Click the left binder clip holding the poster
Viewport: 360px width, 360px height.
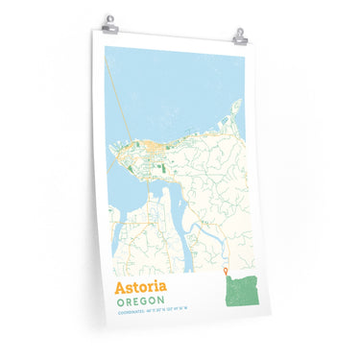110,21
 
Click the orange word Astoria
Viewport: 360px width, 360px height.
140,286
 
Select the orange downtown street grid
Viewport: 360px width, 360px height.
153,148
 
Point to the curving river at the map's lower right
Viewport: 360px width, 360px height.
206,230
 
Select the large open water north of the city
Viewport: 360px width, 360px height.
173,86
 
